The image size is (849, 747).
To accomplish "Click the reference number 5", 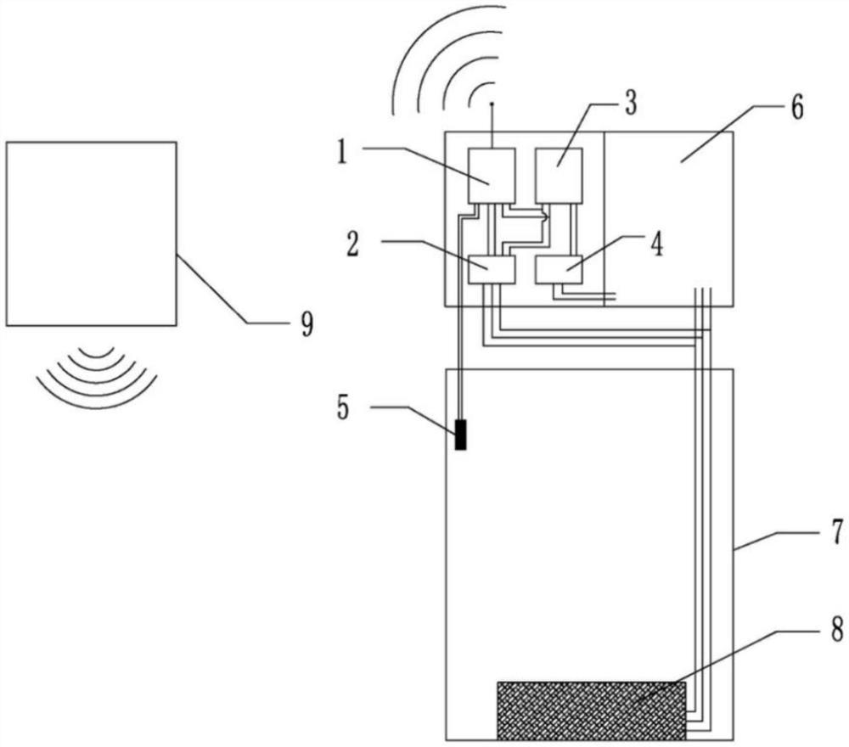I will point(342,407).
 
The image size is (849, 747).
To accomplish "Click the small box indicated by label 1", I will point(492,176).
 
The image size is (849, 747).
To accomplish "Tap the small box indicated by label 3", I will point(559,176).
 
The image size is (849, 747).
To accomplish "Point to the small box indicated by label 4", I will point(558,269).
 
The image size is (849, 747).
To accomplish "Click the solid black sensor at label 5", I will point(461,435).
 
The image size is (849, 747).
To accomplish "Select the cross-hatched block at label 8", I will point(591,710).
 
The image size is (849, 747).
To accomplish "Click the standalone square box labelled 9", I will point(92,233).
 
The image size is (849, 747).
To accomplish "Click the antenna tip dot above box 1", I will point(492,104).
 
